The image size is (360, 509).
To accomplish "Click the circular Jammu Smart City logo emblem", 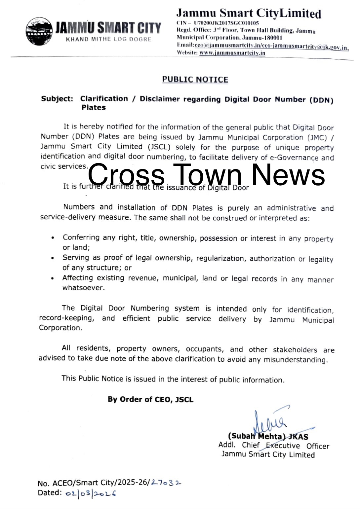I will [39, 32].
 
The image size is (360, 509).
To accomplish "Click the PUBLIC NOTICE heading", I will [195, 80].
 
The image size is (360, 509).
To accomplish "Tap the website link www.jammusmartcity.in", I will [232, 53].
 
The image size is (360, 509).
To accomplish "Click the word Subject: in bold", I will [57, 99].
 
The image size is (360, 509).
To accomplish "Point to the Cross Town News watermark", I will [206, 175].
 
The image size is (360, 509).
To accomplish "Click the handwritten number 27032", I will [166, 483].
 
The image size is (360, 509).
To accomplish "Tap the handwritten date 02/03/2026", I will [91, 493].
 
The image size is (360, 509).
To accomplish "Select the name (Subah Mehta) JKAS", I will [268, 436].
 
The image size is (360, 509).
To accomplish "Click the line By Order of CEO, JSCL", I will [150, 399].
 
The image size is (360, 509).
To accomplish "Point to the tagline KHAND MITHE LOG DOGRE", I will [108, 39].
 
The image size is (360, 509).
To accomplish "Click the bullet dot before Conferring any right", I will [53, 238].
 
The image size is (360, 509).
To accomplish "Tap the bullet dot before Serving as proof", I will [53, 258].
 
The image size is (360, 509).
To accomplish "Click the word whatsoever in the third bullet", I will [83, 288].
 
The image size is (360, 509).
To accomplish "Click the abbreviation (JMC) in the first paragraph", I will [317, 138].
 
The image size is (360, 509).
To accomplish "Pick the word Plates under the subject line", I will [94, 108].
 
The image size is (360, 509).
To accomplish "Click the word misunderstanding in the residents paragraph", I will [295, 360].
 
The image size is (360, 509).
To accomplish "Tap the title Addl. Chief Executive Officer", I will [274, 446].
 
